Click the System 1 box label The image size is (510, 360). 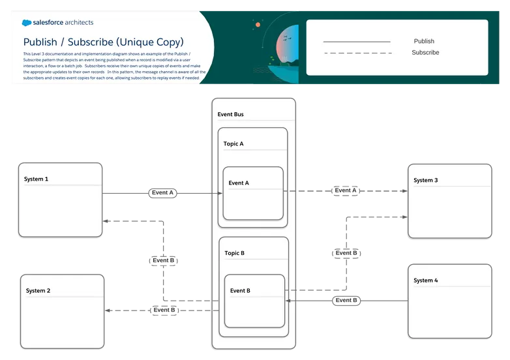[x=36, y=179]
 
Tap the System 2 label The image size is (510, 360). [x=38, y=291]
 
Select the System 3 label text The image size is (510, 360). [x=426, y=180]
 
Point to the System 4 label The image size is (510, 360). [x=426, y=280]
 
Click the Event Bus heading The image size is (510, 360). [x=231, y=115]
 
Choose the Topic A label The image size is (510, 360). [x=233, y=143]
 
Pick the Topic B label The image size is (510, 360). [x=234, y=253]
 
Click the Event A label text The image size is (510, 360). [x=239, y=183]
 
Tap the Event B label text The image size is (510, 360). [x=240, y=291]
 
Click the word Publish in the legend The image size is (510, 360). [x=424, y=41]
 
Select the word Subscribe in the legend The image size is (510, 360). [x=425, y=52]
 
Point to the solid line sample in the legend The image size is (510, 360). [x=357, y=42]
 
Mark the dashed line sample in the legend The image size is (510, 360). [x=357, y=53]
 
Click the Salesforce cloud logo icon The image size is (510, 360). [x=27, y=23]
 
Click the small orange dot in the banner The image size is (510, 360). [x=258, y=25]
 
